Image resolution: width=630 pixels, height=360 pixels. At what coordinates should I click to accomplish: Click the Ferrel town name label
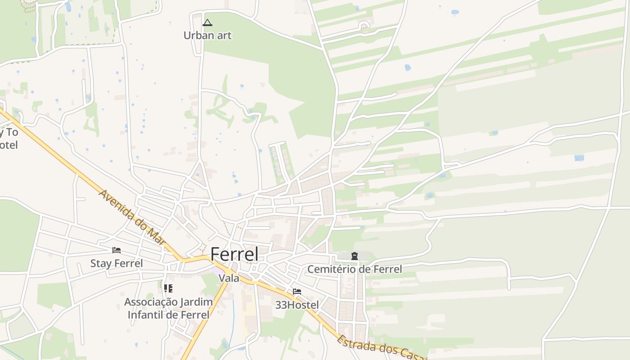(x=234, y=254)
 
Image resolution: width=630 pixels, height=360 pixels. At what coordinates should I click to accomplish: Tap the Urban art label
(x=207, y=35)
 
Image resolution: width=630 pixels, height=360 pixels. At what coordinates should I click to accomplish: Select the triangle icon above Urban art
(x=207, y=23)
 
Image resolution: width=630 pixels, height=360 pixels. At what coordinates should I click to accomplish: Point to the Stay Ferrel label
(x=117, y=263)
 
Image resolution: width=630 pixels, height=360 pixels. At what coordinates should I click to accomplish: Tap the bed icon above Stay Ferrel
(x=117, y=250)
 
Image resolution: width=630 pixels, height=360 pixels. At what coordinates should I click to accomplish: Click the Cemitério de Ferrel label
(x=355, y=269)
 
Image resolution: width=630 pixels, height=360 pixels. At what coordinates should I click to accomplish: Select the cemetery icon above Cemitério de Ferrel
(x=355, y=256)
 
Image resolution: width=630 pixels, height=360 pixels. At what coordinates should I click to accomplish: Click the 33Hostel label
(x=297, y=305)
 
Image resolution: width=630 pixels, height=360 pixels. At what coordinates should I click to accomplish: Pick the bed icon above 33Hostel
(x=297, y=292)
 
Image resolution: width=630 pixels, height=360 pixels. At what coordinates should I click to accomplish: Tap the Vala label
(x=229, y=278)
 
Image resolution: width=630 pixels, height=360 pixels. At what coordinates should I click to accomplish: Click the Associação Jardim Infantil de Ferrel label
(x=168, y=308)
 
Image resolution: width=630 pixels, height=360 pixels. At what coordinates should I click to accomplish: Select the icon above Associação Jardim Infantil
(x=168, y=288)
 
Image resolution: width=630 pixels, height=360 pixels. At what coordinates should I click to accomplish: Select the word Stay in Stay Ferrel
(x=100, y=263)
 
